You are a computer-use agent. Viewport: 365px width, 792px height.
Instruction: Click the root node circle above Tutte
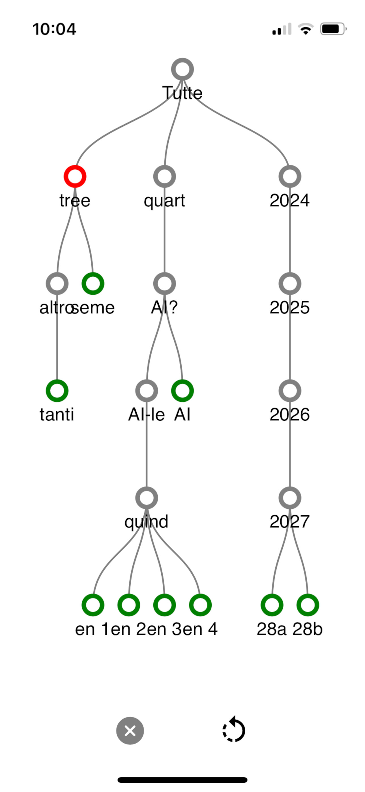click(x=182, y=69)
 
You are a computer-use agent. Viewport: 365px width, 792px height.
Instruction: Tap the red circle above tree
click(x=75, y=176)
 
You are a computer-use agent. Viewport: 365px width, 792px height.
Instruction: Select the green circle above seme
click(x=93, y=284)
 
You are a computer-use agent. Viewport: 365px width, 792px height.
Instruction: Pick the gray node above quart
click(x=164, y=176)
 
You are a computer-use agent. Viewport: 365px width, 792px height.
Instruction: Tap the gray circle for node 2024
click(x=290, y=176)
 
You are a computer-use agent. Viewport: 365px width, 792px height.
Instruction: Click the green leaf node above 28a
click(x=272, y=605)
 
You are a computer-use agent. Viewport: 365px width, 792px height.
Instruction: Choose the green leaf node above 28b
click(x=308, y=605)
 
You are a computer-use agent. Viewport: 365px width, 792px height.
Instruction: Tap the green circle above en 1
click(x=93, y=605)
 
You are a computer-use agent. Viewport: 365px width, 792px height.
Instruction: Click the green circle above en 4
click(x=200, y=605)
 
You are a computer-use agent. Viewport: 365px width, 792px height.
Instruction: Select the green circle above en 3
click(x=164, y=605)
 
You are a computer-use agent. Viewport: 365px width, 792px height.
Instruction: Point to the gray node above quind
click(x=147, y=498)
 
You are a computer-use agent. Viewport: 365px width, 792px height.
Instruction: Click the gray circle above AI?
click(x=164, y=284)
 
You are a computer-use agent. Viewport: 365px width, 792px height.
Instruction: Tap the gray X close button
click(x=130, y=731)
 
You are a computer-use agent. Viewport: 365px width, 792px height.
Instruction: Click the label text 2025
click(x=289, y=307)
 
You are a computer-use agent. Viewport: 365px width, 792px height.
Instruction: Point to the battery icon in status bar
click(x=333, y=29)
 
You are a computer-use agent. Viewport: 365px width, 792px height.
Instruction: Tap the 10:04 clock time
click(x=54, y=29)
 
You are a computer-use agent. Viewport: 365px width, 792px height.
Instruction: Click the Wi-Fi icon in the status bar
click(x=305, y=29)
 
